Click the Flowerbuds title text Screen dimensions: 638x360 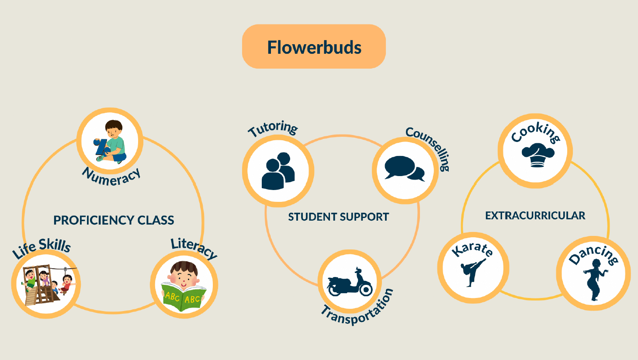coord(314,47)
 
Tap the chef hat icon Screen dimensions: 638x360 coord(538,155)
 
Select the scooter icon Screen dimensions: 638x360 coord(350,282)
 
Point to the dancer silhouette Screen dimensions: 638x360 coord(596,280)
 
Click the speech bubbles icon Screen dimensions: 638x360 coord(405,168)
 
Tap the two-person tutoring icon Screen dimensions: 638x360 coord(278,171)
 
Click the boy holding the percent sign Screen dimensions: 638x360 coord(111,142)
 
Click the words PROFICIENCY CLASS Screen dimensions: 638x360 coord(114,220)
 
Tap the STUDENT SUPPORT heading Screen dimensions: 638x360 coord(338,217)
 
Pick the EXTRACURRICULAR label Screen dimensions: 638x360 coord(535,215)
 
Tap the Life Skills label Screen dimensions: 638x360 coord(42,248)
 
